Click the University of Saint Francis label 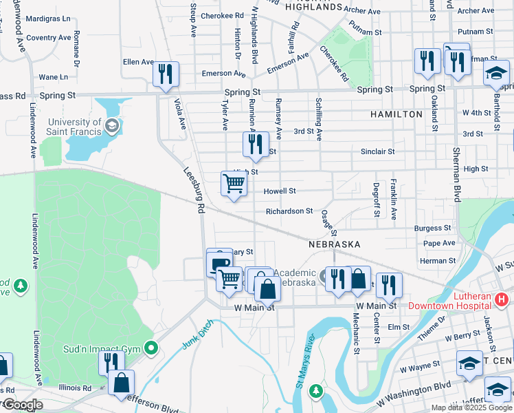[x=74, y=127]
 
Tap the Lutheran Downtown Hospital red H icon [x=502, y=299]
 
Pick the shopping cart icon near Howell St [x=234, y=184]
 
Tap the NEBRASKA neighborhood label [x=334, y=244]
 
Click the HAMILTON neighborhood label [x=396, y=114]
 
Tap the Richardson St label [x=289, y=211]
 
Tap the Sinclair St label [x=378, y=151]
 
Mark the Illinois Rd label [x=75, y=388]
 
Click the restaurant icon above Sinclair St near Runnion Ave [x=254, y=144]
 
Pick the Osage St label [x=328, y=221]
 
